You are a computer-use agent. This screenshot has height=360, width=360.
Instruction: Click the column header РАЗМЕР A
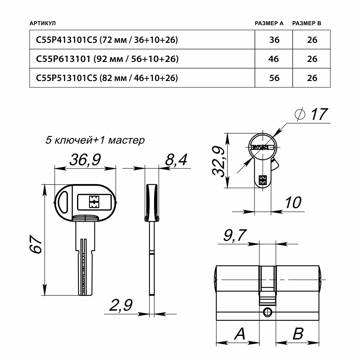[x=269, y=23]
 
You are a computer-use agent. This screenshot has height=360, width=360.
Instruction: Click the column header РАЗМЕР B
[x=306, y=23]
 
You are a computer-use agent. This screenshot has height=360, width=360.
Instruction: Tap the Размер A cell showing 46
[x=274, y=59]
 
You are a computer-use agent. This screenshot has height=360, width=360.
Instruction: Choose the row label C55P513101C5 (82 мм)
[x=107, y=77]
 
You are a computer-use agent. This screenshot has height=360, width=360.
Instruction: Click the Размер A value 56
[x=274, y=77]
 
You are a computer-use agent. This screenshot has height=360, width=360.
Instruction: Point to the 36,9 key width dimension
[x=85, y=160]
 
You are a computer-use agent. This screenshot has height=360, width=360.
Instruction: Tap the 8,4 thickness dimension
[x=176, y=159]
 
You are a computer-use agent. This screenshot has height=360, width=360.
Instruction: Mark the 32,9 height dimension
[x=219, y=161]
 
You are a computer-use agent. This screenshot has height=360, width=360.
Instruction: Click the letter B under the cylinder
[x=298, y=334]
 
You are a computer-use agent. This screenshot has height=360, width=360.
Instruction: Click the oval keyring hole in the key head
[x=64, y=202]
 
